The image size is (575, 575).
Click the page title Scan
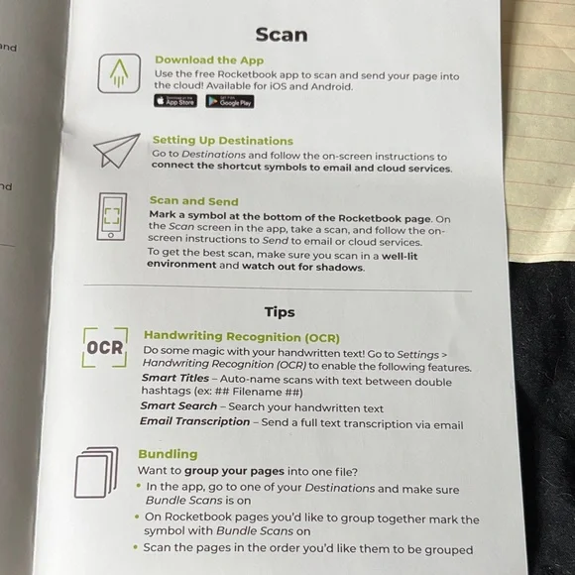[x=282, y=35]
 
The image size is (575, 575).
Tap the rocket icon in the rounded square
[x=119, y=73]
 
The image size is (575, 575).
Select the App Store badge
[x=175, y=101]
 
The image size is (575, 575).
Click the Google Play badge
[x=230, y=101]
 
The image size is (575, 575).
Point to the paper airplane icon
[x=117, y=151]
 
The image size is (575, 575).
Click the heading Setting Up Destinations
[x=223, y=141]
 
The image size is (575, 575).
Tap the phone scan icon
[x=112, y=217]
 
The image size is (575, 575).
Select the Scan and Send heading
[x=194, y=201]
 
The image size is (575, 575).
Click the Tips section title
[x=280, y=312]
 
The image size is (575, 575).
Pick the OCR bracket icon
[x=105, y=347]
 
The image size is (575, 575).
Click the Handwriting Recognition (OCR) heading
[x=242, y=337]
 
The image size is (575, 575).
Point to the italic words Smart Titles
[x=175, y=378]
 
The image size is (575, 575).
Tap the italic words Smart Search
[x=178, y=405]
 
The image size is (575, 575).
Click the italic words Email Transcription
[x=194, y=421]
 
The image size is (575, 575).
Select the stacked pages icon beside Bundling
[x=96, y=472]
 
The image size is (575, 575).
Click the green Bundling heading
[x=168, y=454]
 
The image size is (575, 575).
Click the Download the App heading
[x=209, y=60]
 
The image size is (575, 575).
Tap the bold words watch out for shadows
[x=302, y=267]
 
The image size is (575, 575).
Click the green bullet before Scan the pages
[x=136, y=547]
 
